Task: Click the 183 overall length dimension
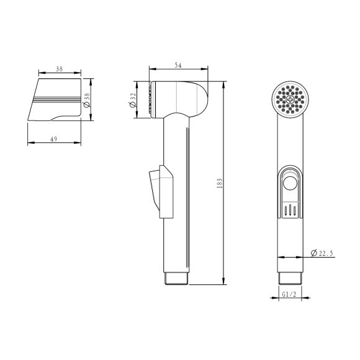[x=220, y=183]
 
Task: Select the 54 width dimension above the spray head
[x=178, y=65]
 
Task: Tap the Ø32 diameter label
[x=133, y=100]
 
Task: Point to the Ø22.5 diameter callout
[x=322, y=253]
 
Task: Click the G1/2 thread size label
[x=289, y=294]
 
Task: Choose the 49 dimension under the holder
[x=54, y=139]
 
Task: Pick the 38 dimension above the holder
[x=59, y=69]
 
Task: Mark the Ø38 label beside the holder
[x=87, y=100]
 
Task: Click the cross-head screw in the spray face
[x=290, y=100]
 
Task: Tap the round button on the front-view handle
[x=290, y=183]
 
